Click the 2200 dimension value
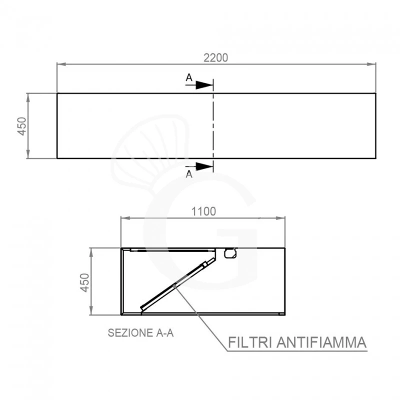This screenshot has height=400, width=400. (x=215, y=57)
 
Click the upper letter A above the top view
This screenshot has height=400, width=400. (x=188, y=77)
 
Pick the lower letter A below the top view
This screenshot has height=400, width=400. (x=188, y=174)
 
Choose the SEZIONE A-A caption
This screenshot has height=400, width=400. (x=140, y=333)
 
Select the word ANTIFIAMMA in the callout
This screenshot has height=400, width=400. (x=322, y=343)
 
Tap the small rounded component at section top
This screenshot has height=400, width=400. (x=230, y=253)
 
